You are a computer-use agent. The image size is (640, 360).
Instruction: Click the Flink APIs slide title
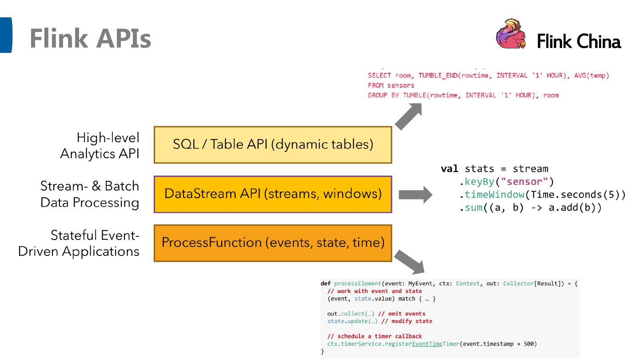90,40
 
